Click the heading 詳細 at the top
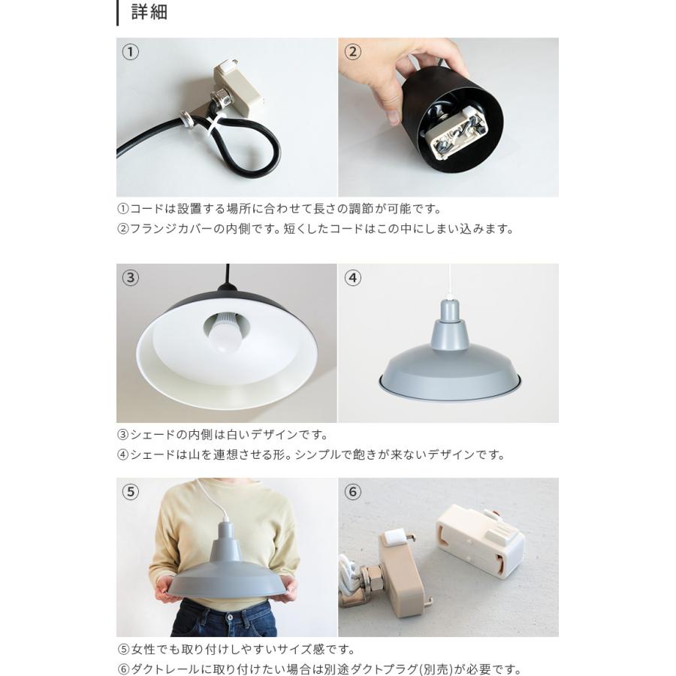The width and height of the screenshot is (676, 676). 149,12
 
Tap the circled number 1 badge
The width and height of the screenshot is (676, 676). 131,52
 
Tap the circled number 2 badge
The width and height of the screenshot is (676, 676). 352,52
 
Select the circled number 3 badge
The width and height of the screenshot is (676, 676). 131,278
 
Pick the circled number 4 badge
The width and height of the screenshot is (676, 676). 352,278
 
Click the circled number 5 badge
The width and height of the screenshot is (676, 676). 131,492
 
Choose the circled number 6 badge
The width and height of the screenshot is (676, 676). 352,492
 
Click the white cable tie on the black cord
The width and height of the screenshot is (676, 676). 213,125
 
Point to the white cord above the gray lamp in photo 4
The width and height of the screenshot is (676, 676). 448,282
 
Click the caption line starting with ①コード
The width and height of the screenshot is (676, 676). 279,209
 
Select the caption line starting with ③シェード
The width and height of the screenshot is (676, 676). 222,434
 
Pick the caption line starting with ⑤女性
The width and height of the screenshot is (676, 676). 236,649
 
